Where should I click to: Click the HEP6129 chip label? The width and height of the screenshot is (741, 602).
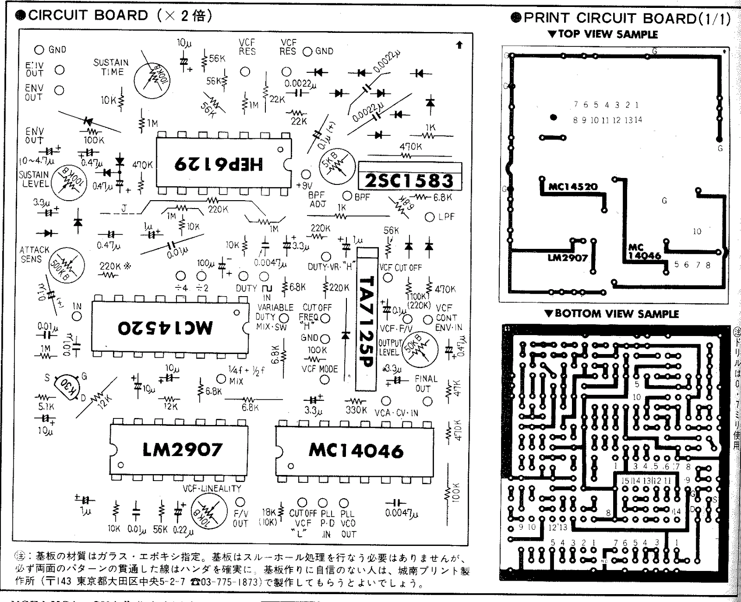pos(218,164)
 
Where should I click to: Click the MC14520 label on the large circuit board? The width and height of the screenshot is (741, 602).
pos(165,327)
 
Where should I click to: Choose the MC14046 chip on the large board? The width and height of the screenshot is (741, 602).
pos(356,450)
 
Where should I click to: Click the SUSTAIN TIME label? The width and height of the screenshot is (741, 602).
pos(111,67)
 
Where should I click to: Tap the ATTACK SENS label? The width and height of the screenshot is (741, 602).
pos(34,254)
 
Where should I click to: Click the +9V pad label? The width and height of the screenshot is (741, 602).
pos(304,185)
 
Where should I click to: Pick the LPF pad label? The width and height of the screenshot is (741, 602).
pos(446,217)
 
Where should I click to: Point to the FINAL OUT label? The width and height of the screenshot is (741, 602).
pos(426,383)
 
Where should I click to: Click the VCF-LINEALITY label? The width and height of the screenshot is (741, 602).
pos(212,488)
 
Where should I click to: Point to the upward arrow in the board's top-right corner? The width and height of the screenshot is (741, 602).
pos(459,44)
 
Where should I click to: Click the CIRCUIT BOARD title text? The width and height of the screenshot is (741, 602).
pos(88,15)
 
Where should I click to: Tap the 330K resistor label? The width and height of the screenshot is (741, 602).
pos(356,410)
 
